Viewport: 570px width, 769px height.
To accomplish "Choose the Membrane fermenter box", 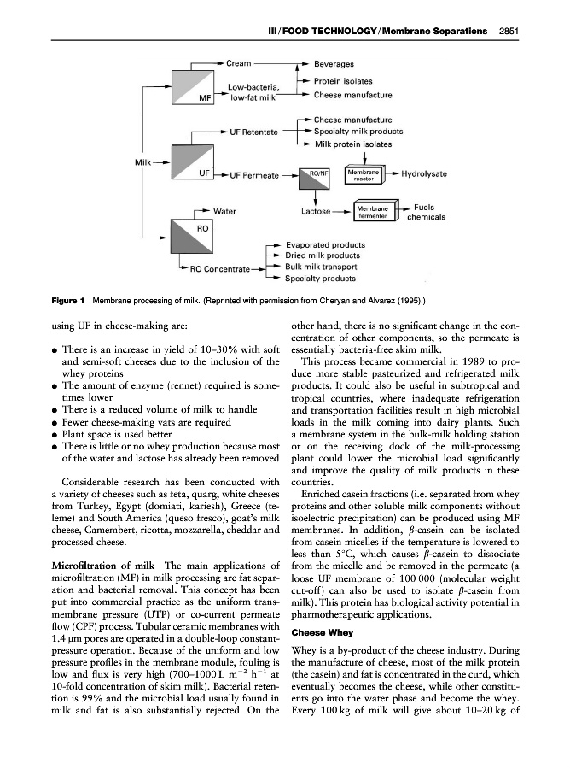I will pos(371,211).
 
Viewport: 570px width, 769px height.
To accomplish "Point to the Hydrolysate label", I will pos(424,174).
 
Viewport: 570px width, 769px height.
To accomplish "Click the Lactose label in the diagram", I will pos(318,210).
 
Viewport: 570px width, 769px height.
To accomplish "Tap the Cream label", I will pos(238,63).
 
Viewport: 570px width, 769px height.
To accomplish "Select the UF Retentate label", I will pos(254,132).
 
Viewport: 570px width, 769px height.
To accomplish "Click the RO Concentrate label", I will pos(219,269).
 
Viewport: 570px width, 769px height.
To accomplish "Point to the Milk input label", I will pos(146,161).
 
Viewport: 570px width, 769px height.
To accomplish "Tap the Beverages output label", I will pos(334,64).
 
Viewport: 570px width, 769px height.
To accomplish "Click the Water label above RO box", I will pos(224,210).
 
